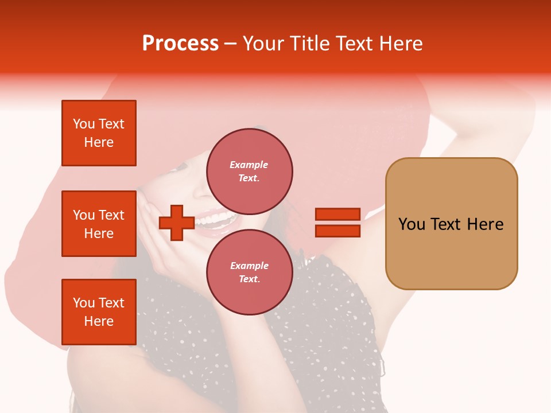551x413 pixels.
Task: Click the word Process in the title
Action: click(180, 44)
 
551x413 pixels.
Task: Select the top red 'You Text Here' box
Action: click(99, 133)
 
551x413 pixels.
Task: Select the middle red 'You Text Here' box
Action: click(99, 224)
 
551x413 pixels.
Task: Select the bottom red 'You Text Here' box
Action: click(99, 311)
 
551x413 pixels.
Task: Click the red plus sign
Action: click(176, 223)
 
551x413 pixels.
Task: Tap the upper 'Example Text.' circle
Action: click(249, 171)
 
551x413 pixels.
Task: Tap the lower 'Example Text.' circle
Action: click(249, 272)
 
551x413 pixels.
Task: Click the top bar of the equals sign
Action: click(337, 215)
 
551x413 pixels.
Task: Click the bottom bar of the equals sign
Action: click(337, 231)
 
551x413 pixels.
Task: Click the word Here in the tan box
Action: click(485, 224)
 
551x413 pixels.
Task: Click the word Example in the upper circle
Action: click(249, 165)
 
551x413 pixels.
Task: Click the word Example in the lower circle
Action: click(249, 266)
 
